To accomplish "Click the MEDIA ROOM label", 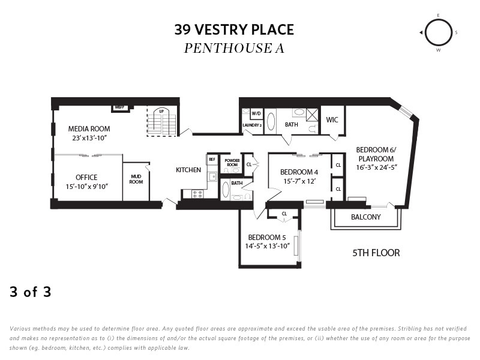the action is [x=89, y=129].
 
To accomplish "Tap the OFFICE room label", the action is [x=86, y=178].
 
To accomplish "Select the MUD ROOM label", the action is [x=136, y=179].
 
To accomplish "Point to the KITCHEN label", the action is [x=188, y=170].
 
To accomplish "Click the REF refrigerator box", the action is [x=212, y=160].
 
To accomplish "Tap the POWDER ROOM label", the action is [x=232, y=163].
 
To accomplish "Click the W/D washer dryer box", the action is [x=256, y=113].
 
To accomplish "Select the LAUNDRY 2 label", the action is [x=252, y=125].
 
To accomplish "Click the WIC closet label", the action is [x=332, y=119].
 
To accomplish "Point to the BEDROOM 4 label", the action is [x=299, y=172].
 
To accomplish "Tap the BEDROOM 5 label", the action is [x=267, y=237].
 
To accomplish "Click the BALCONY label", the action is [x=366, y=217].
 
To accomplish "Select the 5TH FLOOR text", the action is [x=376, y=253].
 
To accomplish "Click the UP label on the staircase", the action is [x=161, y=111].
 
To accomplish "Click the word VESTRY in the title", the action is [x=221, y=29].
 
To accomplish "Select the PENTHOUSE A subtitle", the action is [x=234, y=48].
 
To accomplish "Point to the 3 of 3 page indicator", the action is [x=31, y=292].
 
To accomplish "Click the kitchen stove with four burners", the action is [x=197, y=194].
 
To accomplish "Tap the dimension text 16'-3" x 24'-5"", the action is [x=377, y=168].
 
